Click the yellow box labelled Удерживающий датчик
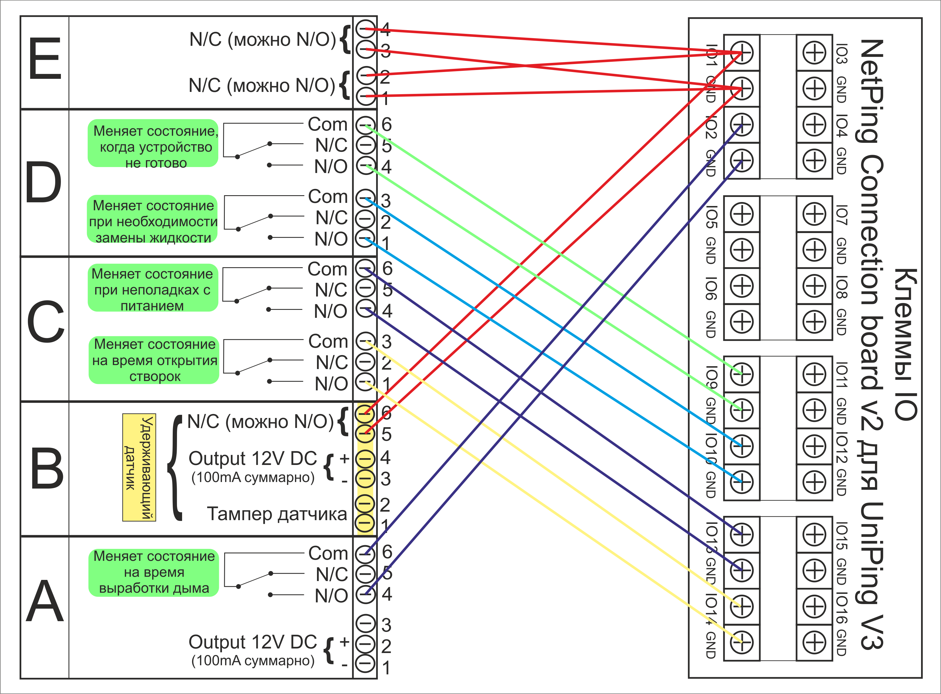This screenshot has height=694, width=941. click(139, 467)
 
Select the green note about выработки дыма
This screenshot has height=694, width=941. click(153, 572)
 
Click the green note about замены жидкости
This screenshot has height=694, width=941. click(153, 219)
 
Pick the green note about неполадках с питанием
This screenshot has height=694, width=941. click(153, 288)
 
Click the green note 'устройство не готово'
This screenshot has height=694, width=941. click(153, 143)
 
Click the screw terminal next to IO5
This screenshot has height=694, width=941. click(742, 214)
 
